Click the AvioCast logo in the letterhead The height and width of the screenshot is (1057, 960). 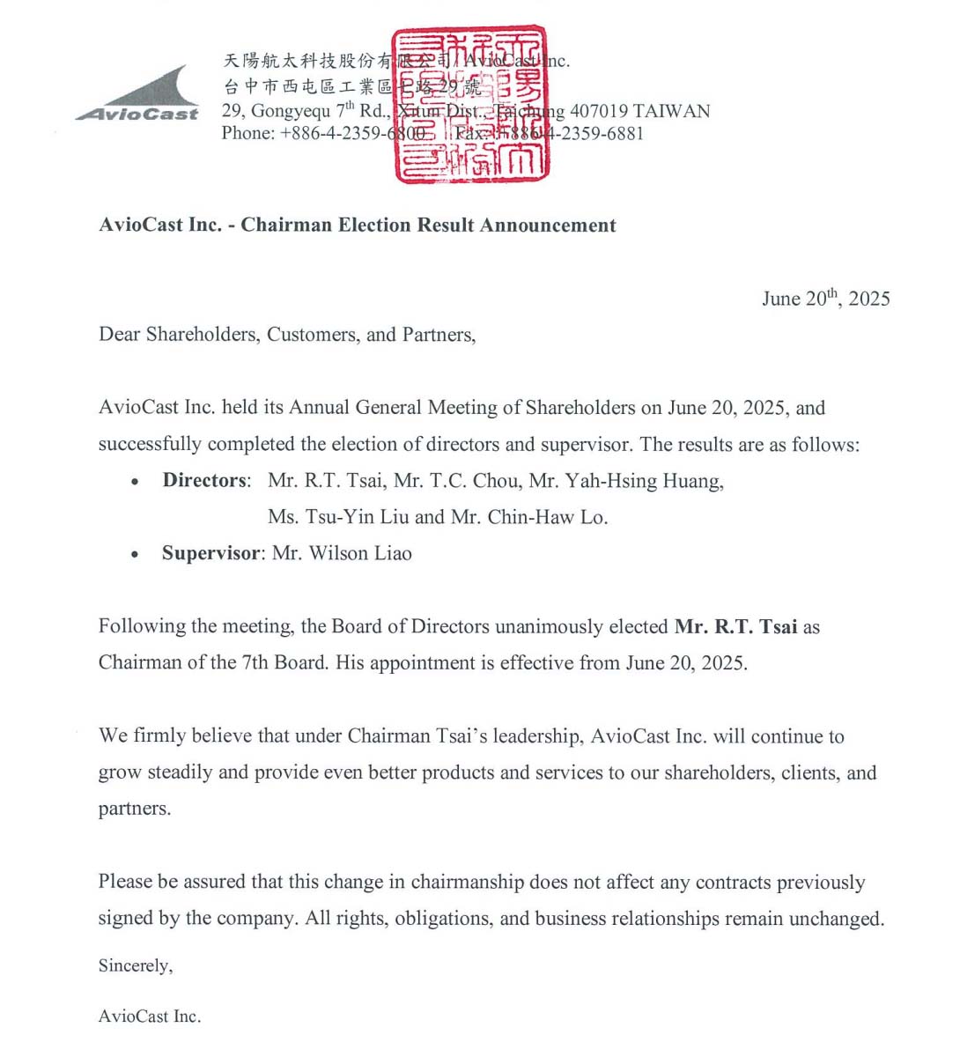coord(139,95)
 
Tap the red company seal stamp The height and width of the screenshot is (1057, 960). coord(470,105)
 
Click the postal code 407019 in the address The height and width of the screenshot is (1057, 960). coord(598,111)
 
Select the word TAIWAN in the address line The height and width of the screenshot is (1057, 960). coord(671,111)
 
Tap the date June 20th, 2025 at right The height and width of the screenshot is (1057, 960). coord(825,299)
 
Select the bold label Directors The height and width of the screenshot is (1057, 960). coord(204,481)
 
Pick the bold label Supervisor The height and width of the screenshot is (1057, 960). coord(210,554)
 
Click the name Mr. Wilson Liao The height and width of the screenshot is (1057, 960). coord(342,554)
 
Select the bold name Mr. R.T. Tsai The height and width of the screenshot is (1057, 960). coord(735,627)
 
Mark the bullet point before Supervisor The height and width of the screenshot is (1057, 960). coord(134,555)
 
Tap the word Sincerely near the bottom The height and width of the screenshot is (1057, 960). coord(135,966)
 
